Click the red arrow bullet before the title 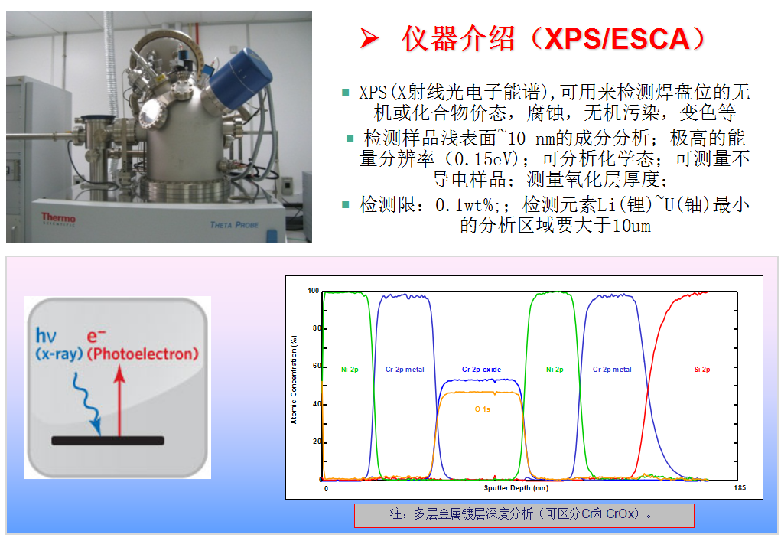click(369, 38)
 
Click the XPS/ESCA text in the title click(617, 39)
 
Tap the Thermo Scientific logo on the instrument click(58, 219)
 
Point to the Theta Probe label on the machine click(234, 225)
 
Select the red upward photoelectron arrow click(119, 401)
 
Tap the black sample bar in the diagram click(108, 441)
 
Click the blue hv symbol click(46, 335)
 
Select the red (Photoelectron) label click(143, 354)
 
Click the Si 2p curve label click(702, 369)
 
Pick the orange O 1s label click(482, 409)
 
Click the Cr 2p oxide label click(481, 369)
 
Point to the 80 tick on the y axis click(317, 328)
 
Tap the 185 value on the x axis click(740, 487)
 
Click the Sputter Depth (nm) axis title click(516, 487)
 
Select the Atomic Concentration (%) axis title click(294, 380)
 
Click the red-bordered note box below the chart click(524, 515)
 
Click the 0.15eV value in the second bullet click(482, 159)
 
